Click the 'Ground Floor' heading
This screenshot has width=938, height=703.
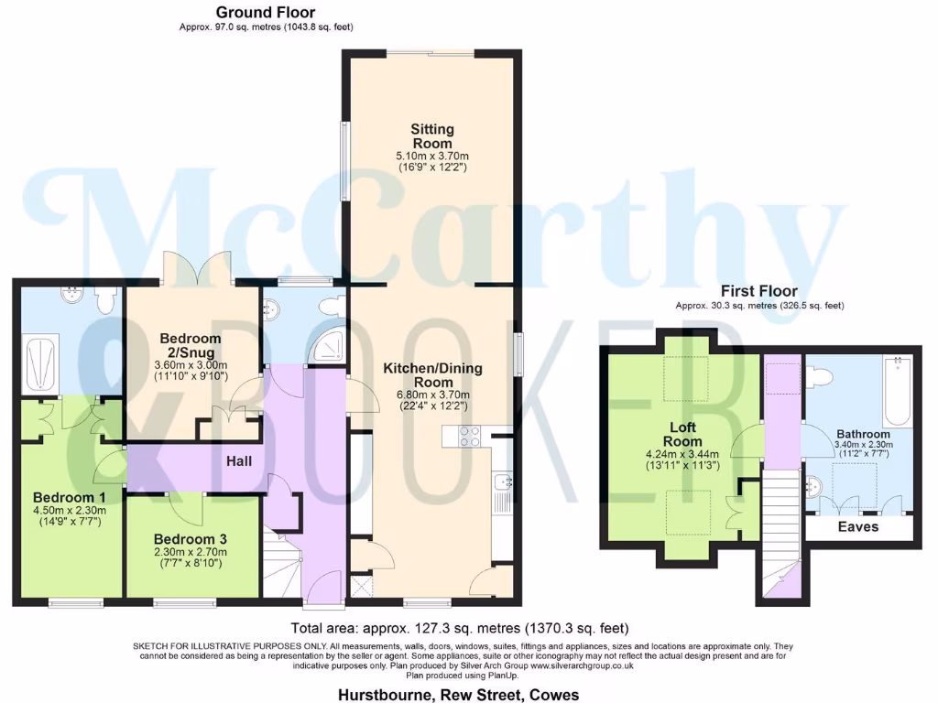tap(266, 13)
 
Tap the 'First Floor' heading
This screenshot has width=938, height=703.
tap(758, 291)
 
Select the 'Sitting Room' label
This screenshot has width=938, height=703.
tap(431, 136)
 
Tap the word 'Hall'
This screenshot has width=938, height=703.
tap(239, 461)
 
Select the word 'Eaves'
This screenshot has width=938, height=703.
tap(857, 527)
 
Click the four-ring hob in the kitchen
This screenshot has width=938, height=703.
tap(471, 437)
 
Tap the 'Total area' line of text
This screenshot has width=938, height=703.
tap(460, 629)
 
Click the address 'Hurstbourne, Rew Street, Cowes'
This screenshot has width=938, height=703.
tap(459, 695)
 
